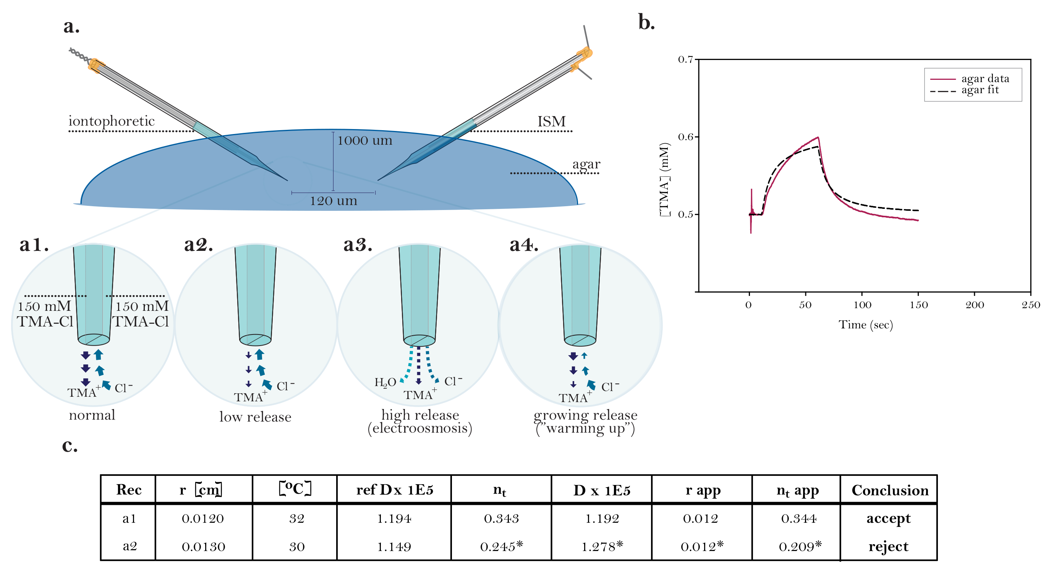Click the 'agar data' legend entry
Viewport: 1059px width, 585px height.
(x=985, y=78)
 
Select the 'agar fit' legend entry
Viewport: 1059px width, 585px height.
(x=980, y=90)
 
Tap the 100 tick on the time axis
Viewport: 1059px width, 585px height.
(x=862, y=305)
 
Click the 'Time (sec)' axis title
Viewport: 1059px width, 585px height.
(x=866, y=325)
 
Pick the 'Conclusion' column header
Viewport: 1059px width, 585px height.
(x=890, y=490)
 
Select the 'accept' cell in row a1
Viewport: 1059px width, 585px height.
(x=888, y=519)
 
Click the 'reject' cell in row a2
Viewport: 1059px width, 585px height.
(x=888, y=546)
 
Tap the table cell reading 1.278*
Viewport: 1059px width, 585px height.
(x=602, y=546)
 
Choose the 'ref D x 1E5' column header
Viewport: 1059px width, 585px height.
(x=394, y=490)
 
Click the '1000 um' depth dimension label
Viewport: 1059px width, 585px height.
(x=364, y=141)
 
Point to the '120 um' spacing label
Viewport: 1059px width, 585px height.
(x=334, y=201)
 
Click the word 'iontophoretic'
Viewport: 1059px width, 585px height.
(x=112, y=121)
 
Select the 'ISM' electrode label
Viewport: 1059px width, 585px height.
(x=551, y=121)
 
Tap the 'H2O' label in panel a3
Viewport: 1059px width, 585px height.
(x=385, y=383)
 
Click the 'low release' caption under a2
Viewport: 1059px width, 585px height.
(x=255, y=417)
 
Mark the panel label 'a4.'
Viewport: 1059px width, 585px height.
(x=524, y=245)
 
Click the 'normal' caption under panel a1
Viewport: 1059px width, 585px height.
(x=92, y=415)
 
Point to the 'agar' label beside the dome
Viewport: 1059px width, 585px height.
(x=586, y=164)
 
